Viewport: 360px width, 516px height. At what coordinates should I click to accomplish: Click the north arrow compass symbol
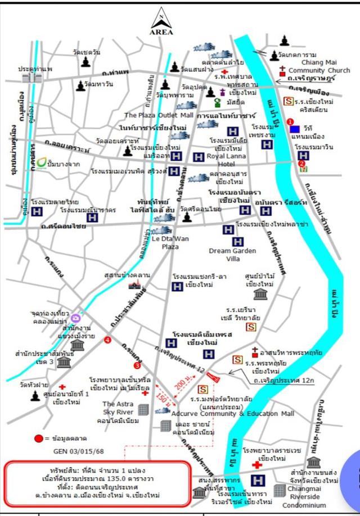point(161,17)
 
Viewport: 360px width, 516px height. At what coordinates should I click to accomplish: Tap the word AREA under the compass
point(161,32)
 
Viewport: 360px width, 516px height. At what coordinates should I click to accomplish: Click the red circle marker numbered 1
point(290,121)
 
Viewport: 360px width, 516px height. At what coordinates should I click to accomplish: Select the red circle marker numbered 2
point(302,164)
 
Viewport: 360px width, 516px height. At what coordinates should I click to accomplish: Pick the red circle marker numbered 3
point(129,349)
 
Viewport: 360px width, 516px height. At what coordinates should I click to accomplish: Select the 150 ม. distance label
point(163,398)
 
